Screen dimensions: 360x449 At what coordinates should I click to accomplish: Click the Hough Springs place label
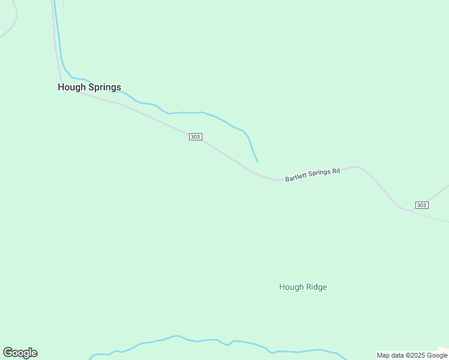point(89,87)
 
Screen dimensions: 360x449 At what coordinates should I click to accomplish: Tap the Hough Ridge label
point(303,287)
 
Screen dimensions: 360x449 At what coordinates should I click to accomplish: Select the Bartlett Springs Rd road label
point(312,175)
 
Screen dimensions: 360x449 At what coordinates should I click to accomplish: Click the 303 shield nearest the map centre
point(195,137)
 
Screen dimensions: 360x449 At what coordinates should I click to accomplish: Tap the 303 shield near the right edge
point(421,205)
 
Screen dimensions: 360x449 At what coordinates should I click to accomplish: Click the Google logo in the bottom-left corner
point(20,353)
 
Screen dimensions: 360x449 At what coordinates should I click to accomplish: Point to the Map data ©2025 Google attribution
point(412,355)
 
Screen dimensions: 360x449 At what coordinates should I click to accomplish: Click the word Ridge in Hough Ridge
point(316,287)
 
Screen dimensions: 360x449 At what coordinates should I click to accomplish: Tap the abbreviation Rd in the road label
point(336,171)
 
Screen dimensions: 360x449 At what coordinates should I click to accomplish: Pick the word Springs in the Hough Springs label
point(104,88)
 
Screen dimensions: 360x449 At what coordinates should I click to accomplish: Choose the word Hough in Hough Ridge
point(291,287)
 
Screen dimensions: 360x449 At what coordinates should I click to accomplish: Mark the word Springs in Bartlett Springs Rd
point(319,173)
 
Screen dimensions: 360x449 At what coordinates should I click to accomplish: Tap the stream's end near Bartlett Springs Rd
point(258,161)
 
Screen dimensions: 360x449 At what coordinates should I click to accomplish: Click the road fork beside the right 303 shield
point(409,211)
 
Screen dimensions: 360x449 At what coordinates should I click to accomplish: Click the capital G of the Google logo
point(8,353)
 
